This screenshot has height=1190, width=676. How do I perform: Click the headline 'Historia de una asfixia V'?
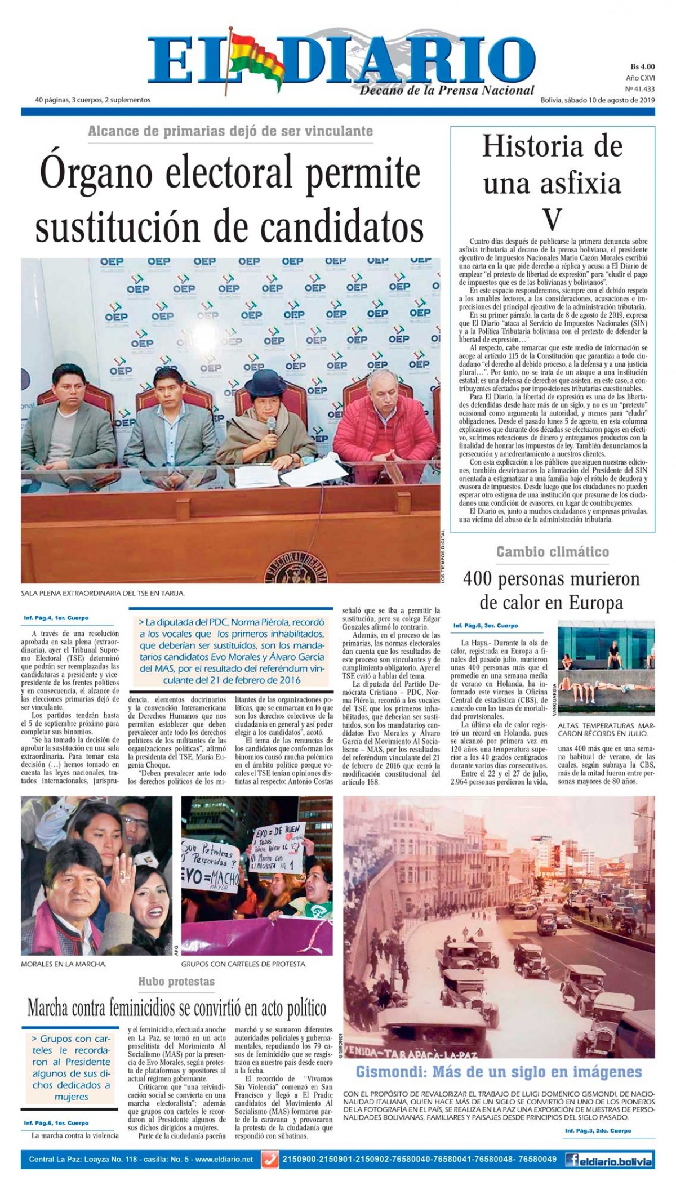553,183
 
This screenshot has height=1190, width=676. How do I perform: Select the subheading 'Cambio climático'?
553,552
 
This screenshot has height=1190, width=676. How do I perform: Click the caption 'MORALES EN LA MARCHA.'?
64,964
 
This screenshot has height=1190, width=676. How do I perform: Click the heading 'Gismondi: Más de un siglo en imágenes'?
499,1071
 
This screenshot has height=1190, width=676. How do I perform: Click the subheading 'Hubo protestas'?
176,982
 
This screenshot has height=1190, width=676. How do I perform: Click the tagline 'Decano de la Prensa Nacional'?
447,90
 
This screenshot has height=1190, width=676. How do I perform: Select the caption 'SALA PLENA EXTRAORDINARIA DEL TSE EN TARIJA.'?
103,593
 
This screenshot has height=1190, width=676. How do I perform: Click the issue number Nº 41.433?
640,88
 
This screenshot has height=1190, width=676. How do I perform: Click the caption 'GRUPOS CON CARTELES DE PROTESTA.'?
244,964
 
